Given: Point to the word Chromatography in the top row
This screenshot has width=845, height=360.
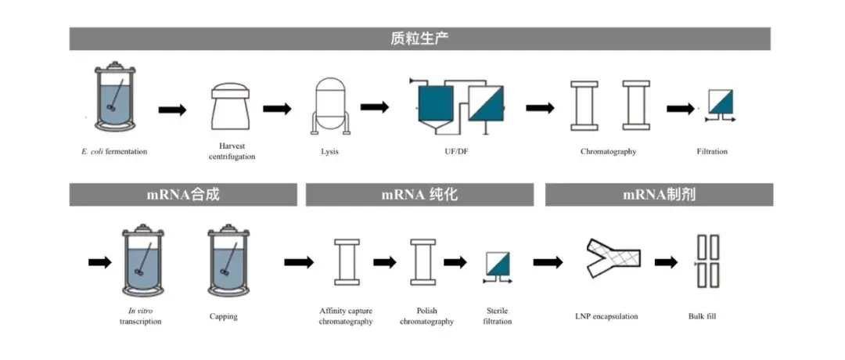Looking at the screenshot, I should [608, 151].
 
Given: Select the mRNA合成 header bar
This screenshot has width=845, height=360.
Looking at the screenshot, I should [183, 195].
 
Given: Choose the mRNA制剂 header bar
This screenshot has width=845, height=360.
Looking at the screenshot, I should [659, 195].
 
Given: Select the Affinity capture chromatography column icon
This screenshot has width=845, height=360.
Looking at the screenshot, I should [345, 262].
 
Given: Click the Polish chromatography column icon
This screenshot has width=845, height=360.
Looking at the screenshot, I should [422, 262].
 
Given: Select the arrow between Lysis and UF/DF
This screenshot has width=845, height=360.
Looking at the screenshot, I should [375, 107].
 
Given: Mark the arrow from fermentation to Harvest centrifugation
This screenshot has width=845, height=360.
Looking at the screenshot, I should [172, 109].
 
